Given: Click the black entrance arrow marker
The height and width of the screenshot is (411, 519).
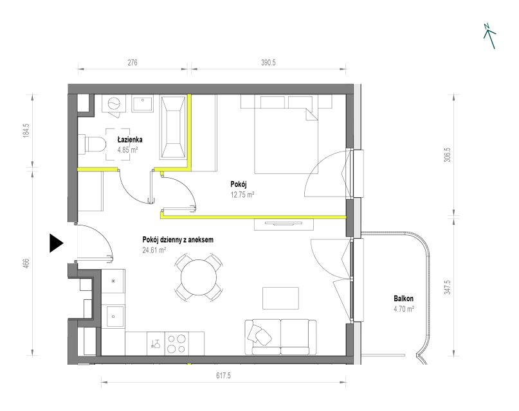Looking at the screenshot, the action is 55,243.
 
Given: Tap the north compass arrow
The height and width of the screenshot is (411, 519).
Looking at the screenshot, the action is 489,37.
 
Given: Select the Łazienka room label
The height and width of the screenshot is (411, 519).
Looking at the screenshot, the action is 130,140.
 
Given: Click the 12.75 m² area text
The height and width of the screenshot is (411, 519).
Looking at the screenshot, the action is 242,195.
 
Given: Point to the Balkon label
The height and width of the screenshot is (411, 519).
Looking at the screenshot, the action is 403,299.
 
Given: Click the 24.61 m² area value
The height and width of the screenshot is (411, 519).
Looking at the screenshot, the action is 154,250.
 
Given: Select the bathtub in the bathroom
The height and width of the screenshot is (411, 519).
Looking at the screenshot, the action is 173,128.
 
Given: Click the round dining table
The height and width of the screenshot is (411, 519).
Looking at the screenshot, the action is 199,277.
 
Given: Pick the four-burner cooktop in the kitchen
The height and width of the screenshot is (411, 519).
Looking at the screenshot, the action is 176,344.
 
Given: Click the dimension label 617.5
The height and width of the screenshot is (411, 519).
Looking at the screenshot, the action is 223,375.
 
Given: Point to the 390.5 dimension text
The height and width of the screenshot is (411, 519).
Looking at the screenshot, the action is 268,62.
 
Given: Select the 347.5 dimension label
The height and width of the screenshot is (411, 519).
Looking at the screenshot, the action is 448,287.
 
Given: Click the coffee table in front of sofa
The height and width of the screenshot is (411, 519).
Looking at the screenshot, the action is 280,298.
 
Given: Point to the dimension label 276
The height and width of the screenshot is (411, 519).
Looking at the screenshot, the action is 132,62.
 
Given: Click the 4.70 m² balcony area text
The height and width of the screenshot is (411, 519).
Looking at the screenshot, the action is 404,310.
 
